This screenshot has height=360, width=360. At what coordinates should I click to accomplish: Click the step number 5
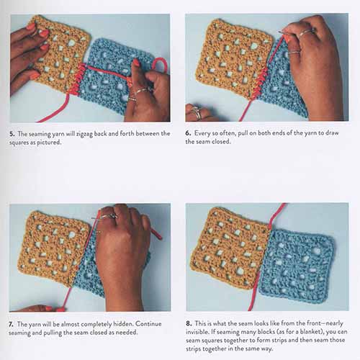12,134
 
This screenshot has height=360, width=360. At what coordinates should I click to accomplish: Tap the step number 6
188,133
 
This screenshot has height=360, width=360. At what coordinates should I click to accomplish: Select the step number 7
11,325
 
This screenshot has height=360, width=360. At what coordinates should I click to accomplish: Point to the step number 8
189,323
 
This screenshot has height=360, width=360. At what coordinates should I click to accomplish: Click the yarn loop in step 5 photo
161,64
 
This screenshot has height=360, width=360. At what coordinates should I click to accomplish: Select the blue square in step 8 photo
297,266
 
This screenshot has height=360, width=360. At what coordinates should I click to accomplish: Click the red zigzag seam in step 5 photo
78,78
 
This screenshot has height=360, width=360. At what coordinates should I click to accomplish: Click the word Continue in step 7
148,324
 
